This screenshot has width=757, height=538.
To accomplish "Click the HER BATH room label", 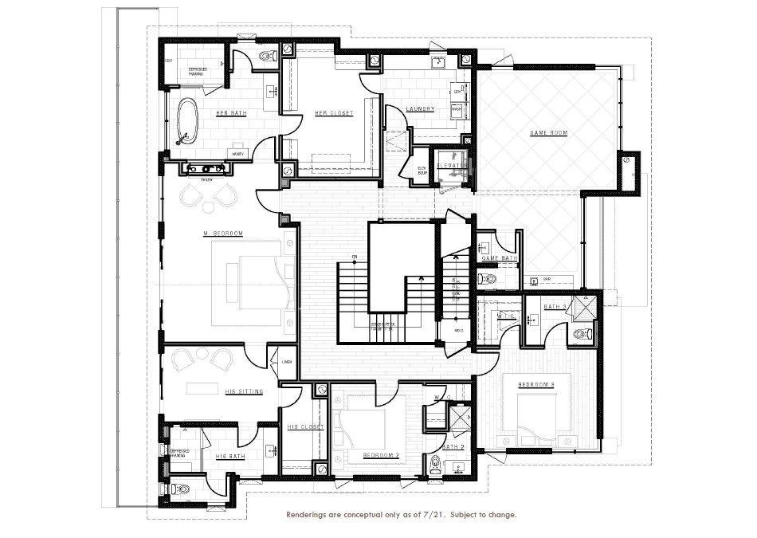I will (231, 113).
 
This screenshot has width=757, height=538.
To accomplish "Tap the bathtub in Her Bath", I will (189, 121).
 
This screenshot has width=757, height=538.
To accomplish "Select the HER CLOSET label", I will (334, 113).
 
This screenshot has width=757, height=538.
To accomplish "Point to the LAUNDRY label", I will (419, 109).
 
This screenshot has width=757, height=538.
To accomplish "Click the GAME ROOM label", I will (548, 133).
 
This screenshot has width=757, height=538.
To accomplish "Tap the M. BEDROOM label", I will (222, 233).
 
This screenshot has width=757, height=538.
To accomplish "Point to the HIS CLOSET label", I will (305, 427).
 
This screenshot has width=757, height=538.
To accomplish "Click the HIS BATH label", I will (231, 457).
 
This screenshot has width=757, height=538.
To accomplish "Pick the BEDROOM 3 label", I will (536, 384).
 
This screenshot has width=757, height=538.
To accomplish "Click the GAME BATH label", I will (500, 258).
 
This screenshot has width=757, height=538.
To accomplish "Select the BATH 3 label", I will (555, 307).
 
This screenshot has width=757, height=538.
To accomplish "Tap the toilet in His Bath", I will (179, 489).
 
